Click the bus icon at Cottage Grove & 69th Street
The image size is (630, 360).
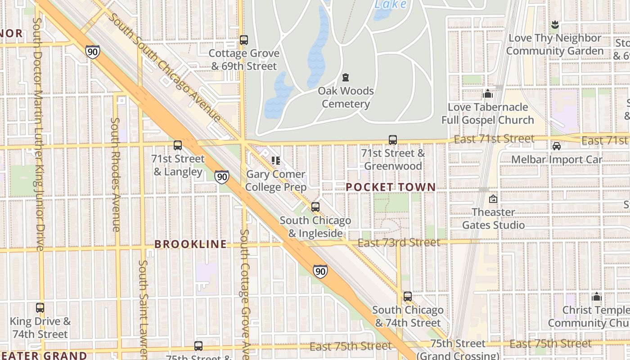click(x=243, y=40)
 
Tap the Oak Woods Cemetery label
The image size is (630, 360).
click(x=346, y=97)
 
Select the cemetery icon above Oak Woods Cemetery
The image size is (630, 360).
click(x=346, y=77)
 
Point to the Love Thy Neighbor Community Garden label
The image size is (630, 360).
click(x=554, y=44)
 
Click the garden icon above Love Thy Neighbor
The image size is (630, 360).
click(x=554, y=24)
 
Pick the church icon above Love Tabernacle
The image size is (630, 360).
click(x=488, y=94)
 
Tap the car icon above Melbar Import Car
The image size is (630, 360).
click(x=557, y=146)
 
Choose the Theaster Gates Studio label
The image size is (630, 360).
click(x=494, y=218)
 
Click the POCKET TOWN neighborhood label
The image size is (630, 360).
click(x=391, y=187)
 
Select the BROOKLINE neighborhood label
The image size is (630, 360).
click(x=190, y=244)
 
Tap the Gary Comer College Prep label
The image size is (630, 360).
click(x=275, y=180)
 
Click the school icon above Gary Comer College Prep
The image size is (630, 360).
click(x=275, y=161)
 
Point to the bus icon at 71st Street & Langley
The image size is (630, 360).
click(x=178, y=145)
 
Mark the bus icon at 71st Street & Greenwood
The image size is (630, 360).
click(x=393, y=140)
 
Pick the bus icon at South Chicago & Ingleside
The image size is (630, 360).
click(x=315, y=207)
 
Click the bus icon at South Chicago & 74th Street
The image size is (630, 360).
click(x=407, y=297)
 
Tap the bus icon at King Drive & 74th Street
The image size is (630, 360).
click(x=40, y=308)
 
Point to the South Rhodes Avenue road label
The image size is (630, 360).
click(x=115, y=175)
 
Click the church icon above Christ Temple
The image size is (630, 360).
click(x=597, y=297)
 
